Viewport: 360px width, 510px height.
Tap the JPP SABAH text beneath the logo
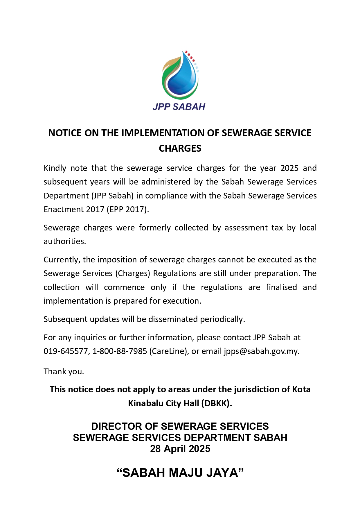[x=179, y=107]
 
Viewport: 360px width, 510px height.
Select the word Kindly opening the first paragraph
[x=55, y=168]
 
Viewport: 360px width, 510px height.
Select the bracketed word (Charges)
[x=133, y=273]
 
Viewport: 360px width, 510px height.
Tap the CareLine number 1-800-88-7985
[x=120, y=351]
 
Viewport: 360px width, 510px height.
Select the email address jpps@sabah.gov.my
[x=261, y=351]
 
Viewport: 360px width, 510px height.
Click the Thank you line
[x=64, y=372]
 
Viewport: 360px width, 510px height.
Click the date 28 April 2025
[x=180, y=449]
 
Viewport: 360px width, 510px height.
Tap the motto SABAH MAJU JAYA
[x=180, y=473]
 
